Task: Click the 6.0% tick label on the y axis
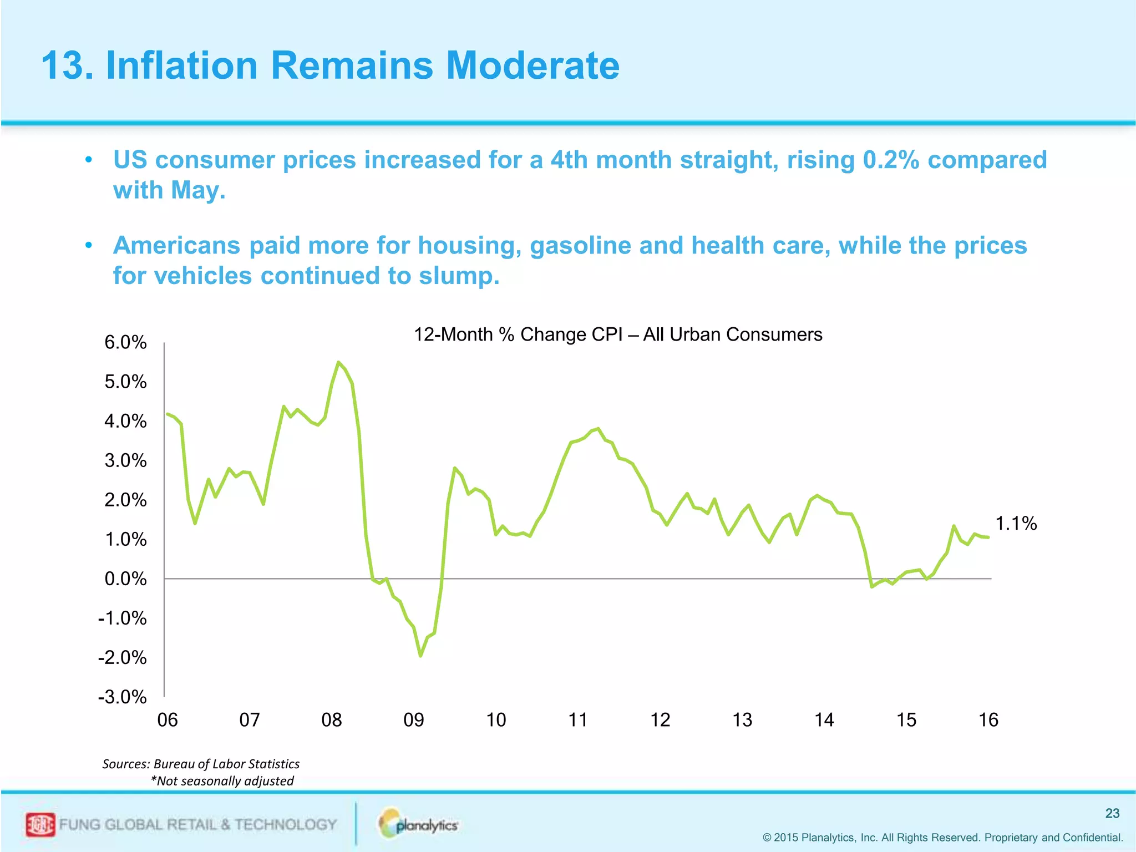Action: (125, 342)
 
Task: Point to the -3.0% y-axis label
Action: (123, 697)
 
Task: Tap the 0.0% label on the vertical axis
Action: (125, 579)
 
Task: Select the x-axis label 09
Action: (414, 720)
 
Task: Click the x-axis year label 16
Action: (988, 720)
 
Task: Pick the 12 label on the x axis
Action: (660, 720)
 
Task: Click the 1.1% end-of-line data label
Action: (1016, 523)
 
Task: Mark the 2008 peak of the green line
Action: (338, 362)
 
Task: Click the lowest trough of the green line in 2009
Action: (420, 656)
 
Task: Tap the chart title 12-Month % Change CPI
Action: (618, 334)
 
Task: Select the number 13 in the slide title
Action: (62, 65)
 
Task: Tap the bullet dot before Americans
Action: (88, 245)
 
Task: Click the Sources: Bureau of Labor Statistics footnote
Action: (201, 764)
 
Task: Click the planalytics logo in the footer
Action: (419, 824)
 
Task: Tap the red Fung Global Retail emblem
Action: (40, 825)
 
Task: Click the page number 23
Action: (1112, 813)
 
